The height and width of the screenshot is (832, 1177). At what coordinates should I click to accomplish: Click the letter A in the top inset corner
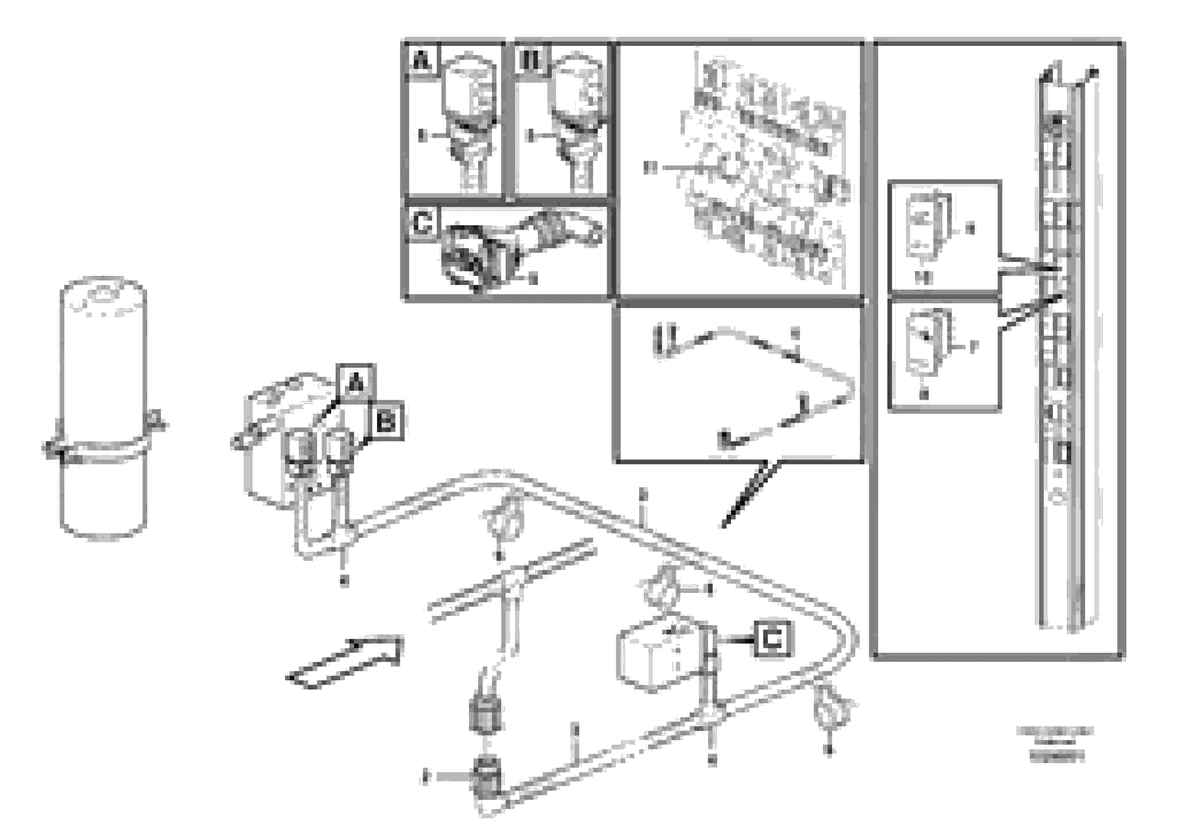coord(422,62)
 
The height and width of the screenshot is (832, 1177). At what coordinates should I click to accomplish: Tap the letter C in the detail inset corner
coord(422,224)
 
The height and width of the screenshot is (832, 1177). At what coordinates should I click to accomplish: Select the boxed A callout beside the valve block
coord(356,382)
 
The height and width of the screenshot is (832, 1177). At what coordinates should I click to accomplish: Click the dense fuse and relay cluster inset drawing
coord(764,169)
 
